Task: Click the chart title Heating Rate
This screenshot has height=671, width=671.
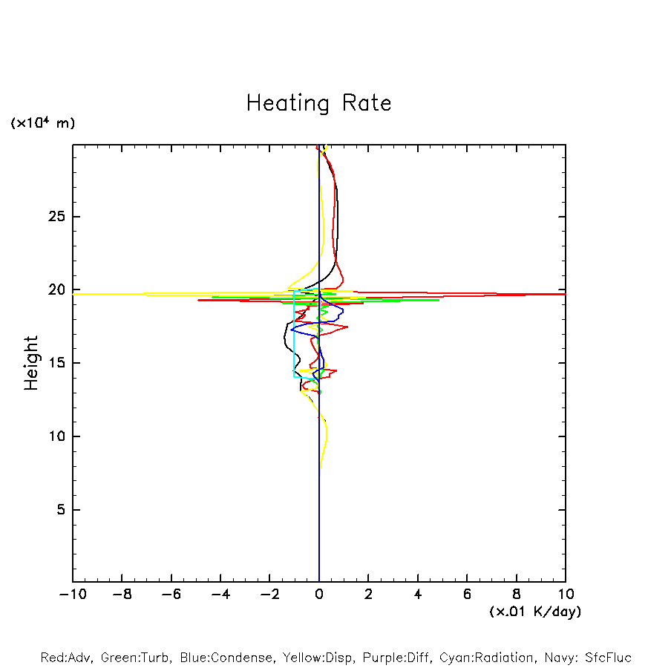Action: click(x=318, y=103)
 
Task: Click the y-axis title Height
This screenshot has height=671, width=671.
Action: click(x=31, y=363)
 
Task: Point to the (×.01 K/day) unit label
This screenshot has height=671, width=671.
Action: click(x=534, y=612)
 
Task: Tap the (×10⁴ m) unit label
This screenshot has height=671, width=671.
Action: click(x=42, y=123)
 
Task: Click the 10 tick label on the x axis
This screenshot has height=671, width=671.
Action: click(x=566, y=595)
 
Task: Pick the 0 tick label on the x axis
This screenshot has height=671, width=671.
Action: click(x=319, y=595)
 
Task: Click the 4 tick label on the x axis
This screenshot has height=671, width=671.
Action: click(x=418, y=595)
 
